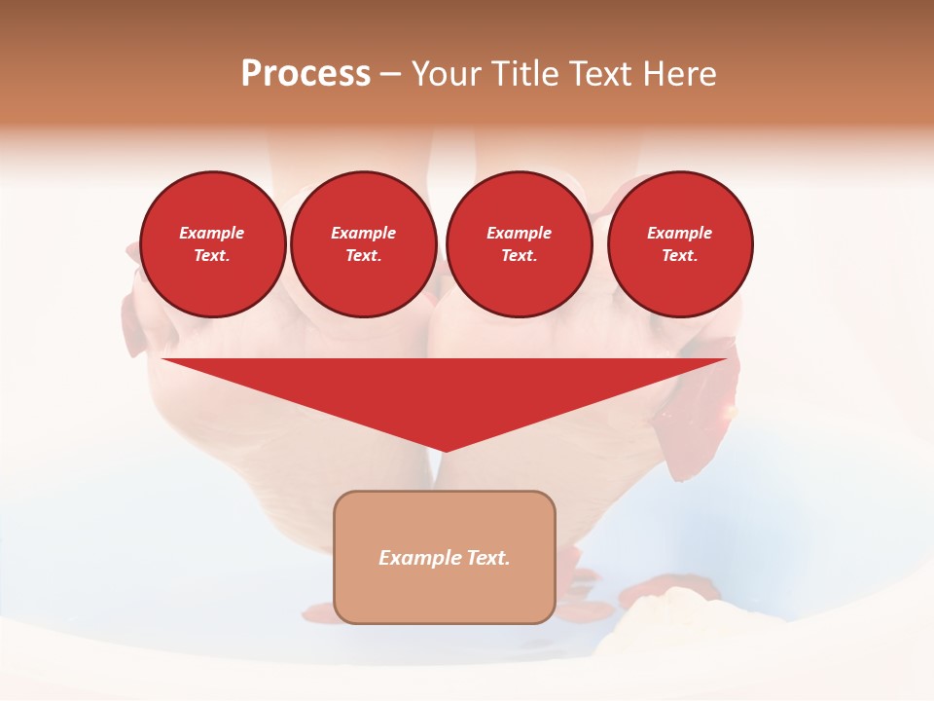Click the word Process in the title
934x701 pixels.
click(305, 74)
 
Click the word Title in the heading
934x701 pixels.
click(524, 74)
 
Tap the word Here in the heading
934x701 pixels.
click(678, 74)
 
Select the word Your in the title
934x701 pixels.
click(449, 74)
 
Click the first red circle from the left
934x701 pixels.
click(213, 244)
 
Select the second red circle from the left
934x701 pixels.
click(364, 244)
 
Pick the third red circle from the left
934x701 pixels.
click(520, 244)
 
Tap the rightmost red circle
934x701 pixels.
click(680, 244)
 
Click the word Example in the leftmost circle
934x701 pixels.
click(212, 233)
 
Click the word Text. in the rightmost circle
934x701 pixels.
click(680, 256)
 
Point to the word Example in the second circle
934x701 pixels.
click(364, 233)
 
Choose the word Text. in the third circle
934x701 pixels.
click(520, 256)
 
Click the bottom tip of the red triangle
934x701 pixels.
click(445, 451)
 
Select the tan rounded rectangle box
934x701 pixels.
click(445, 557)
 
